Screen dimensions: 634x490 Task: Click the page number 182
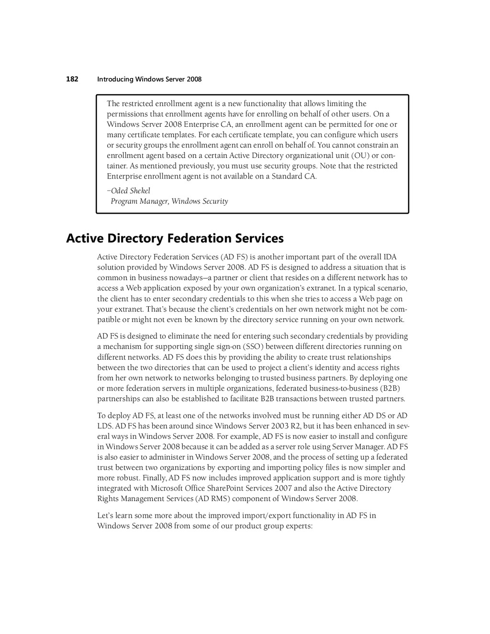(72, 79)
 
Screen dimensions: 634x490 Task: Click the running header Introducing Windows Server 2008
(149, 79)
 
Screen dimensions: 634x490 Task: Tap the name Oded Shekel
(130, 191)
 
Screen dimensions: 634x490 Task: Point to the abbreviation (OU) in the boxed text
(360, 156)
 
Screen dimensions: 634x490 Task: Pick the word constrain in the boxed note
(371, 145)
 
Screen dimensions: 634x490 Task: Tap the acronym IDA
(390, 257)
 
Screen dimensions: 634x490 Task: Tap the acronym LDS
(105, 426)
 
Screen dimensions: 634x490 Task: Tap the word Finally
(153, 478)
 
